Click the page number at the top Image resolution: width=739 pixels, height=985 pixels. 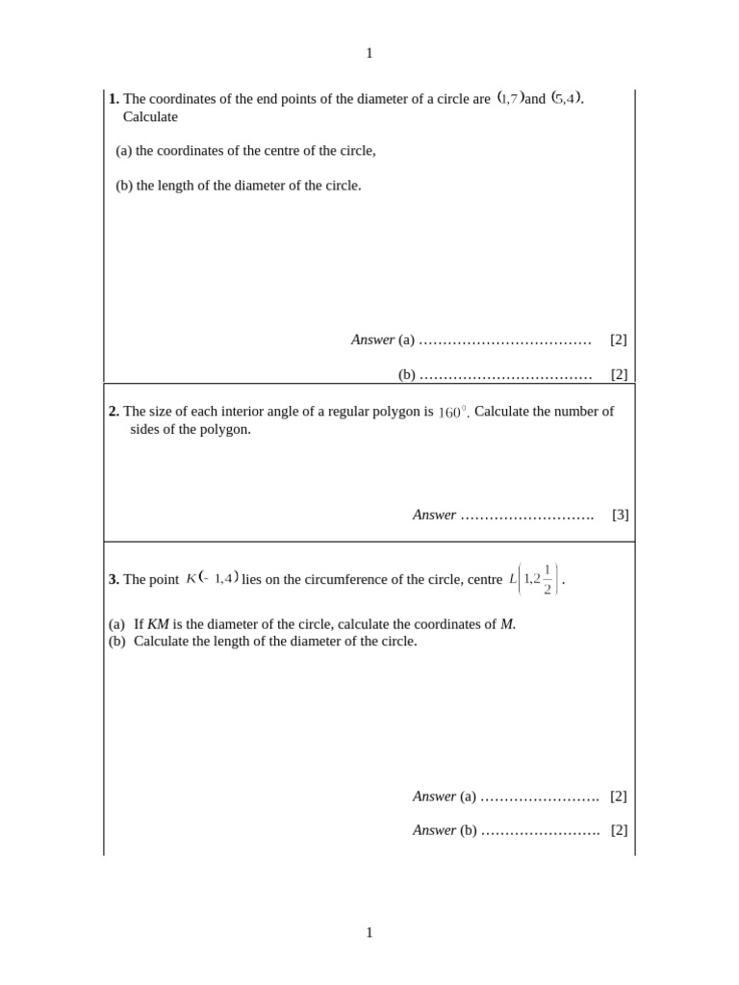[369, 54]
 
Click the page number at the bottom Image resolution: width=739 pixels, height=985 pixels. [369, 932]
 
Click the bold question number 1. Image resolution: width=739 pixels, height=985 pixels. [114, 98]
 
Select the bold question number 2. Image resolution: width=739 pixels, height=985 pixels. [114, 412]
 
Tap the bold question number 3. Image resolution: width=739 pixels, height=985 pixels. [114, 579]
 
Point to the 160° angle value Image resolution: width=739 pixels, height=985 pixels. [452, 413]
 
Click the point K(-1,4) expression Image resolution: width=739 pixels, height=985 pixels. [212, 578]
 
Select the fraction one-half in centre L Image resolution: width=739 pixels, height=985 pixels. [547, 579]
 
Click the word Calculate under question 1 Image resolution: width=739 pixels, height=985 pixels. [150, 116]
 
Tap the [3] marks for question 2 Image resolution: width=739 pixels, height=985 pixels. [621, 515]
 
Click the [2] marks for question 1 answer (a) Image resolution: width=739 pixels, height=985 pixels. [619, 340]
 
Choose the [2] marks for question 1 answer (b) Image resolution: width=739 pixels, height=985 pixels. [619, 374]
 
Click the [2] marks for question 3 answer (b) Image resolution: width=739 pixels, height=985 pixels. [619, 830]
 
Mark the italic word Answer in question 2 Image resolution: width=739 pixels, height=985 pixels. [434, 515]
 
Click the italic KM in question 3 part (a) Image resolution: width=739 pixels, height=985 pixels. [158, 624]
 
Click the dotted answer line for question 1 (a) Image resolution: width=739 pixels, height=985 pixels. [505, 341]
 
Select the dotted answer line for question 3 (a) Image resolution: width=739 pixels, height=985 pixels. [539, 797]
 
